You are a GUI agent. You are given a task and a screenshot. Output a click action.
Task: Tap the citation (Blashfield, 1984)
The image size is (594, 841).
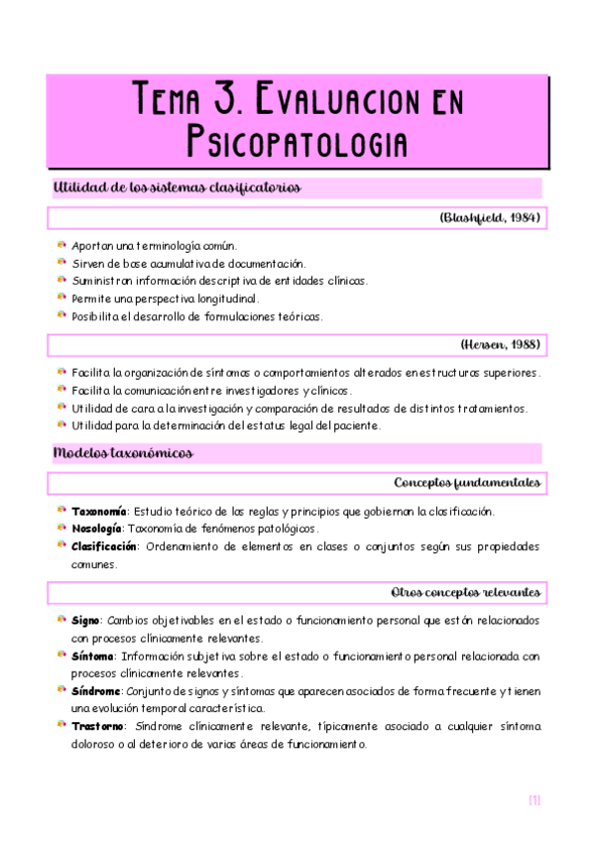(489, 217)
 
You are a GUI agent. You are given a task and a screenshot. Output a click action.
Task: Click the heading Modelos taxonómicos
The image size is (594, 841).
(123, 453)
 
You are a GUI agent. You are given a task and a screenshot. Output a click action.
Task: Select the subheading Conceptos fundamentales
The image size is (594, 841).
(467, 483)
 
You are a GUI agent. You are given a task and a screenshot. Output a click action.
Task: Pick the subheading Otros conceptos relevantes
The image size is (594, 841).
(465, 592)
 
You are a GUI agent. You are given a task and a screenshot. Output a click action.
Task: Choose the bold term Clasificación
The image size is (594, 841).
(103, 546)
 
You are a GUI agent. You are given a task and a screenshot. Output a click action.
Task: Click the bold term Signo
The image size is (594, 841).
(85, 620)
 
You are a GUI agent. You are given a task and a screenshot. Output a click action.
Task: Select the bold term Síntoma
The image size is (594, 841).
(92, 657)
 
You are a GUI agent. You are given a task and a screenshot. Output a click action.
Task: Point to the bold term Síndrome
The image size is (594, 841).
(96, 691)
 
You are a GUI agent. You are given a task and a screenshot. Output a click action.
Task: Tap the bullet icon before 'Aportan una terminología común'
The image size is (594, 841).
(60, 244)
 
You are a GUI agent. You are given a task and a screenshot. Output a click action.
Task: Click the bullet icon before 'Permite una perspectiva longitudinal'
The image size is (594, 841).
(60, 298)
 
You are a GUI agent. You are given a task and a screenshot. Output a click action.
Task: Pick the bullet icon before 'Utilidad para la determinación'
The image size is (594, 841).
(60, 425)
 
